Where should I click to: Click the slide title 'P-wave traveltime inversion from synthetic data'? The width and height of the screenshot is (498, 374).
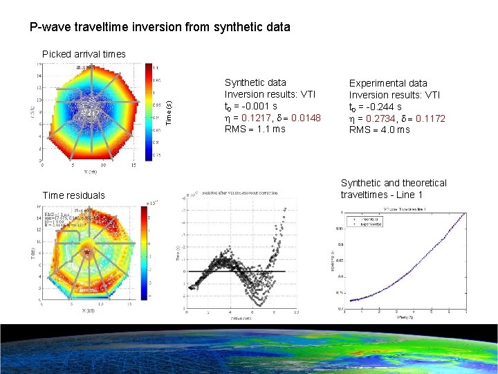[x=160, y=28]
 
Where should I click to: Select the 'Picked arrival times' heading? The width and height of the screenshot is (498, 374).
[x=84, y=54]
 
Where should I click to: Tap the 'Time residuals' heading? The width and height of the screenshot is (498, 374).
[x=74, y=195]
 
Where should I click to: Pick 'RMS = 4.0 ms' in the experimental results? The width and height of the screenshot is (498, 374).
[x=379, y=130]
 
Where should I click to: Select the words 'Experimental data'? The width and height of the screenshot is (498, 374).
[x=388, y=83]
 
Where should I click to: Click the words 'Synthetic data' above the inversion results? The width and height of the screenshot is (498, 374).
[x=255, y=82]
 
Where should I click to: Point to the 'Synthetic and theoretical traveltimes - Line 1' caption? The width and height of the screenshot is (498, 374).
[x=394, y=188]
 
